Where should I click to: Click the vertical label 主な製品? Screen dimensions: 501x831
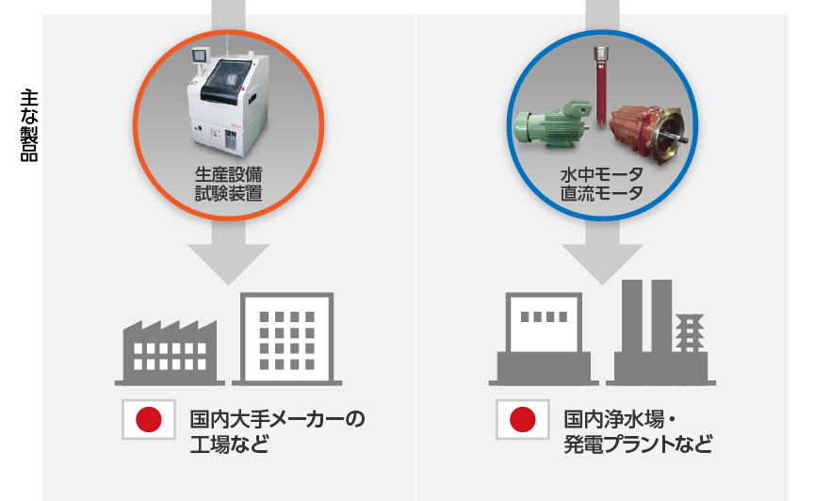(x=28, y=126)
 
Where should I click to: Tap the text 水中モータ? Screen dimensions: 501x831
(x=601, y=175)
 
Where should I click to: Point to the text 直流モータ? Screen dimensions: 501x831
(x=601, y=195)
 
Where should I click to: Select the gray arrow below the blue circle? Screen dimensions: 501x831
(x=601, y=256)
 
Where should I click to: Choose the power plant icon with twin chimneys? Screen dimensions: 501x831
(x=663, y=334)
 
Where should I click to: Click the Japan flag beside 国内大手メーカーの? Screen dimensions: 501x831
(x=149, y=420)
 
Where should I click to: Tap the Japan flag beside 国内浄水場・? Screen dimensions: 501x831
(x=523, y=420)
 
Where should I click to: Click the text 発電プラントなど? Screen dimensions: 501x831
(x=637, y=444)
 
